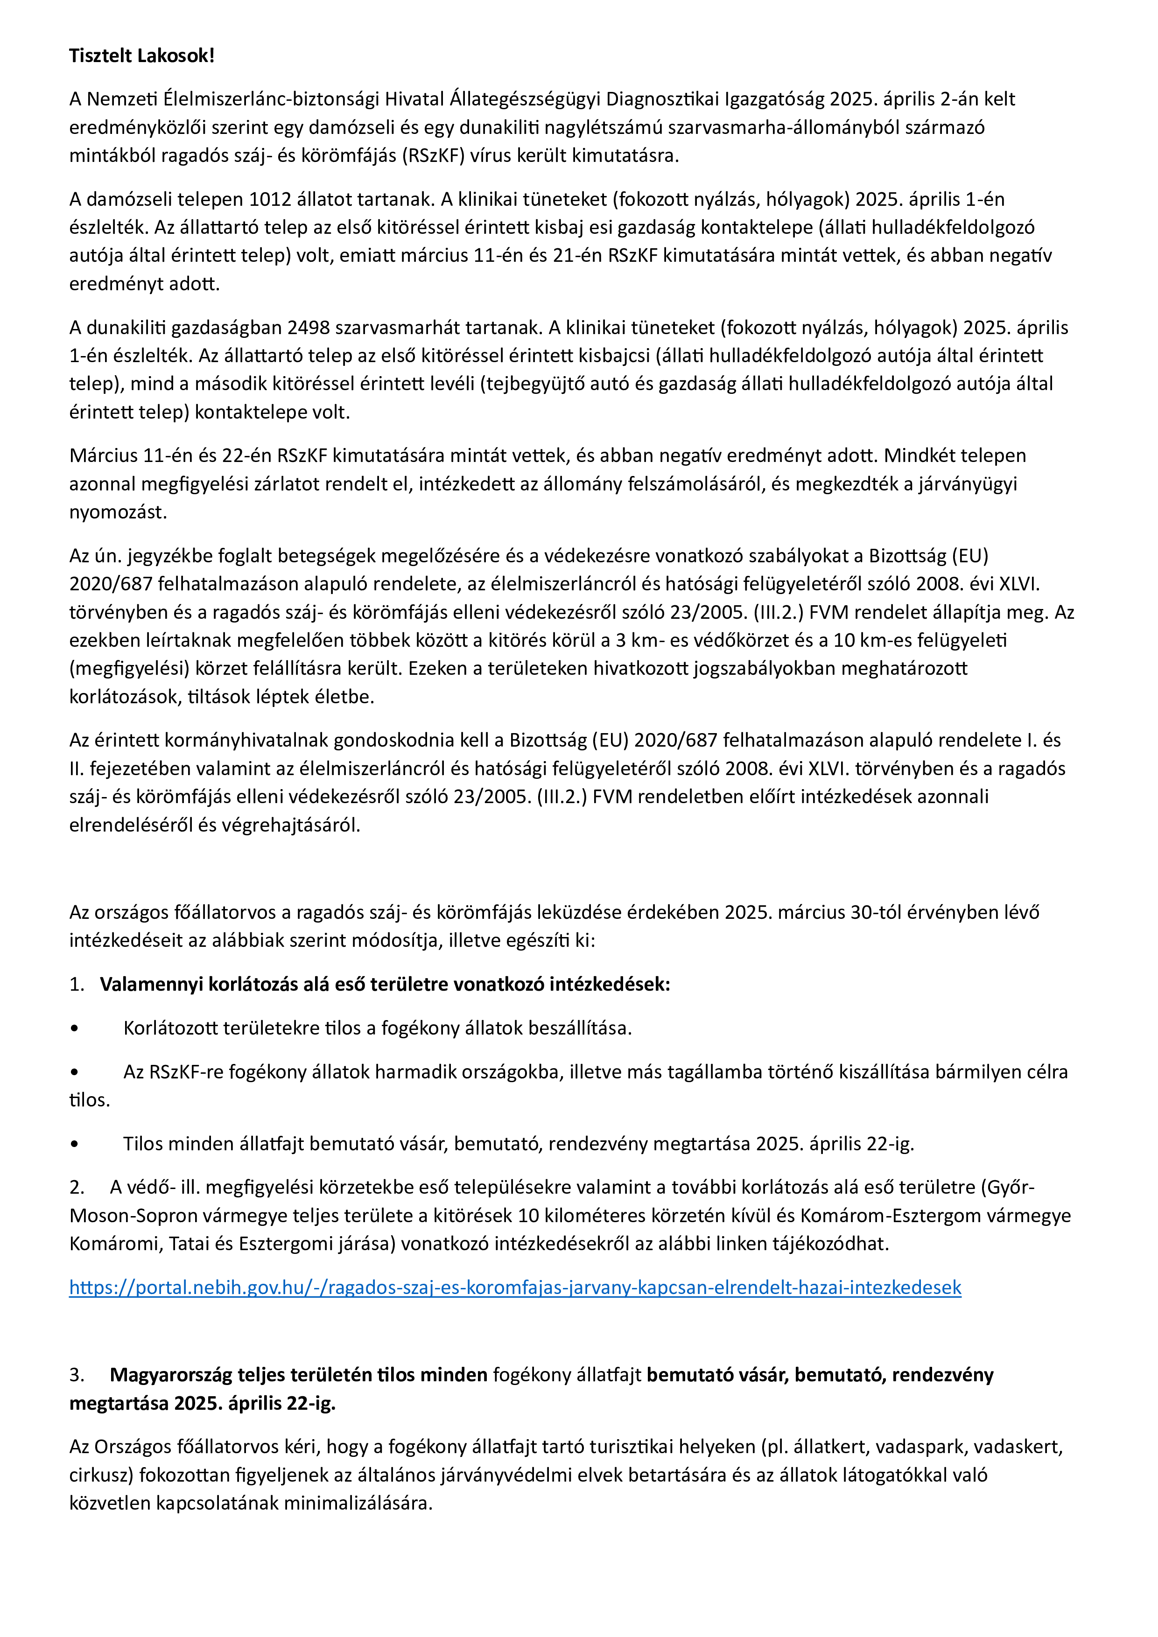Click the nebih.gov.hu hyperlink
(x=515, y=1287)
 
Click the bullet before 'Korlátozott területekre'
(x=74, y=1029)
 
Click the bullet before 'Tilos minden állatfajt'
(x=74, y=1144)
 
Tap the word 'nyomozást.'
(x=119, y=512)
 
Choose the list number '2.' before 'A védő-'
(x=77, y=1187)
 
